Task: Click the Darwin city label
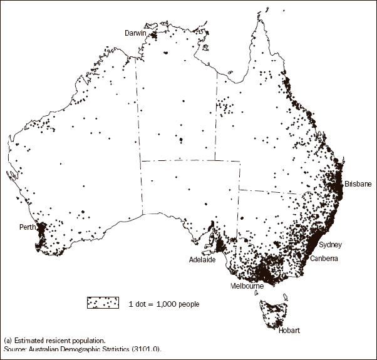click(x=134, y=32)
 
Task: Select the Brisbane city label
click(x=358, y=184)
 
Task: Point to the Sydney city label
click(x=330, y=245)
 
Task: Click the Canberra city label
click(x=324, y=259)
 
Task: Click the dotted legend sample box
click(x=103, y=303)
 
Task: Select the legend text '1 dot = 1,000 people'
click(x=164, y=304)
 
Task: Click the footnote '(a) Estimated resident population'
click(x=49, y=341)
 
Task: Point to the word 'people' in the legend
click(x=189, y=304)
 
